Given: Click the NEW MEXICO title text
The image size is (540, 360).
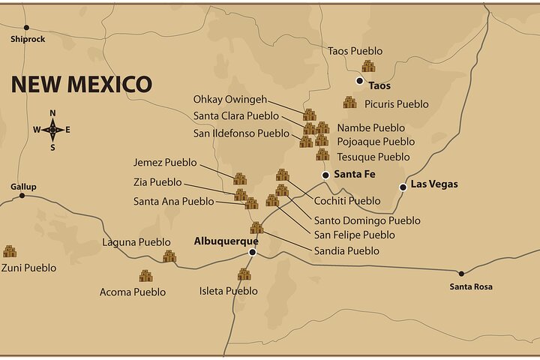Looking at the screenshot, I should point(81,84).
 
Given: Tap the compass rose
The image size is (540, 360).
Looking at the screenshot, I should point(52,130).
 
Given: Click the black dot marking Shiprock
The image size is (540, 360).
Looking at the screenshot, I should point(26,28).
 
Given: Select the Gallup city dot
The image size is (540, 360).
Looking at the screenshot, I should point(22,196).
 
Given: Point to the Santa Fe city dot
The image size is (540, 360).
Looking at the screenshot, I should point(325,175).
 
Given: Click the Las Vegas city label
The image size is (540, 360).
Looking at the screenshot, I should point(434,184).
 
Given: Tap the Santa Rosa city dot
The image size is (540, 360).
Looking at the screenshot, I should point(461,274).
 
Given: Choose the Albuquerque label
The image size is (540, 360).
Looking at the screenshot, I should point(226,241).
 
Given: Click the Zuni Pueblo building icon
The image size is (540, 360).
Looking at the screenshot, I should point(10,251).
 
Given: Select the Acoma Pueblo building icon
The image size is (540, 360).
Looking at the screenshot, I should point(145,276).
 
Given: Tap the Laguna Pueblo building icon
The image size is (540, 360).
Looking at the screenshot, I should point(169,256).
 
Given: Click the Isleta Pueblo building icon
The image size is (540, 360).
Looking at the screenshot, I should point(244,274).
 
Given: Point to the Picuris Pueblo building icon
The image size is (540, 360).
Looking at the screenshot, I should point(349,103).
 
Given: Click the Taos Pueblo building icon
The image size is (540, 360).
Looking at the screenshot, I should point(368,66).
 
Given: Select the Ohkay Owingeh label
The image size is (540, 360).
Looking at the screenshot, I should point(228,100).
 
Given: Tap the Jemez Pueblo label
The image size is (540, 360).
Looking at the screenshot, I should point(165,163).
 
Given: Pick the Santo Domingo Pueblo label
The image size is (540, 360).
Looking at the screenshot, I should point(367,220).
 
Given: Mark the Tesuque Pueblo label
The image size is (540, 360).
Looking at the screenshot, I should point(373,157).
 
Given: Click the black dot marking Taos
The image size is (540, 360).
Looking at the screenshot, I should point(360,80).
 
